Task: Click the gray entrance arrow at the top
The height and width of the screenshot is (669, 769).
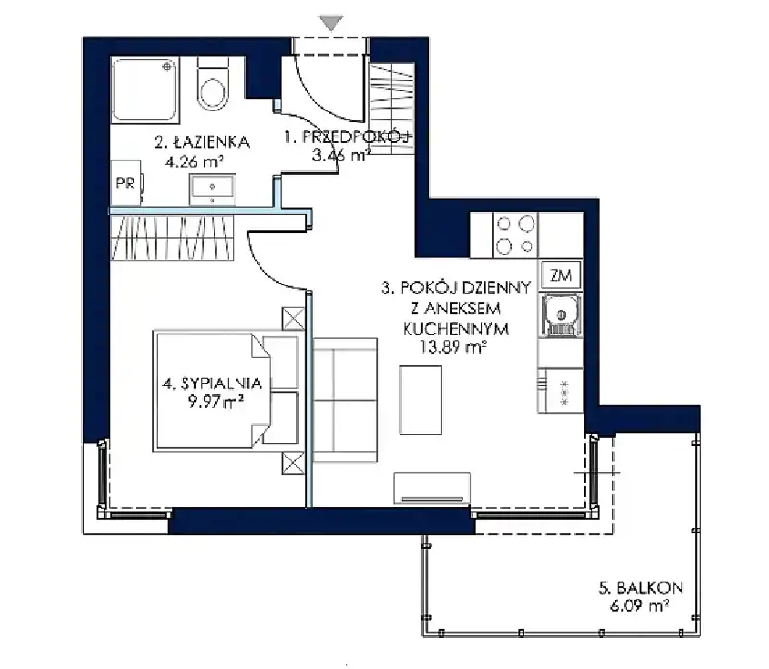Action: click(331, 22)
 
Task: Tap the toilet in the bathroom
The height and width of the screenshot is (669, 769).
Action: click(212, 84)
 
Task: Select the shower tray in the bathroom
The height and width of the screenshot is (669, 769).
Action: click(145, 89)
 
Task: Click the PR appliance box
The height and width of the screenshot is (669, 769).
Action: click(126, 183)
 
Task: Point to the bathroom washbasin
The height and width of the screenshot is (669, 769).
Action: click(212, 188)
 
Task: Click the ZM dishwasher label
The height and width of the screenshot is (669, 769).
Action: click(560, 276)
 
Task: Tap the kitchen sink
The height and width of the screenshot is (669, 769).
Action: click(561, 315)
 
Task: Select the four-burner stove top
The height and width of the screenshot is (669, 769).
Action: click(515, 235)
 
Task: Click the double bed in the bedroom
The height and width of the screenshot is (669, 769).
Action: click(227, 391)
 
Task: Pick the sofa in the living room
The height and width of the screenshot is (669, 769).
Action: click(345, 400)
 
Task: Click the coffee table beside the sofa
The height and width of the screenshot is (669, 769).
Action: click(420, 400)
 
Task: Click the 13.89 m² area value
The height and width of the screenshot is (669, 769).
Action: click(453, 347)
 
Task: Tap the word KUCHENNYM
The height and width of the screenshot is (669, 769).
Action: click(456, 329)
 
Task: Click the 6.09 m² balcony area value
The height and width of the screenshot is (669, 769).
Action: click(639, 607)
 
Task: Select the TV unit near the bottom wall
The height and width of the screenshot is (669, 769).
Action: click(432, 488)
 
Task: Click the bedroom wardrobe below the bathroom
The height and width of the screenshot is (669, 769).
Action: click(171, 237)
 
